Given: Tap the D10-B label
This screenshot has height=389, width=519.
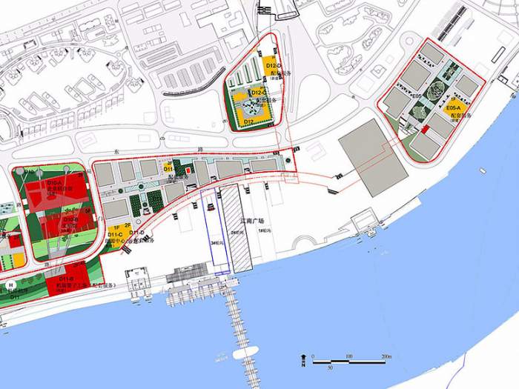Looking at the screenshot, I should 71,220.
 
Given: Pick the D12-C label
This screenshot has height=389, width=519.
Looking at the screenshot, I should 259,92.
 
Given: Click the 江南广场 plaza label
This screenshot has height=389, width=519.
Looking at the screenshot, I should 255,220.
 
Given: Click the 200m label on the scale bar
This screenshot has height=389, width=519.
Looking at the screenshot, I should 386,357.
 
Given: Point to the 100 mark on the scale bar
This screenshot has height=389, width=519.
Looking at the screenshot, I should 348,357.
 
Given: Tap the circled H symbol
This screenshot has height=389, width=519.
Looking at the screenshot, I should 11,285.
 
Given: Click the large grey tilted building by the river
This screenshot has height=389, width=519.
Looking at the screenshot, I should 373,156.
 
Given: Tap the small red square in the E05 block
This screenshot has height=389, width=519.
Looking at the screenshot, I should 425,130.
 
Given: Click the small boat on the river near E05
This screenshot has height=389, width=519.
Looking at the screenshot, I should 483,171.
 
